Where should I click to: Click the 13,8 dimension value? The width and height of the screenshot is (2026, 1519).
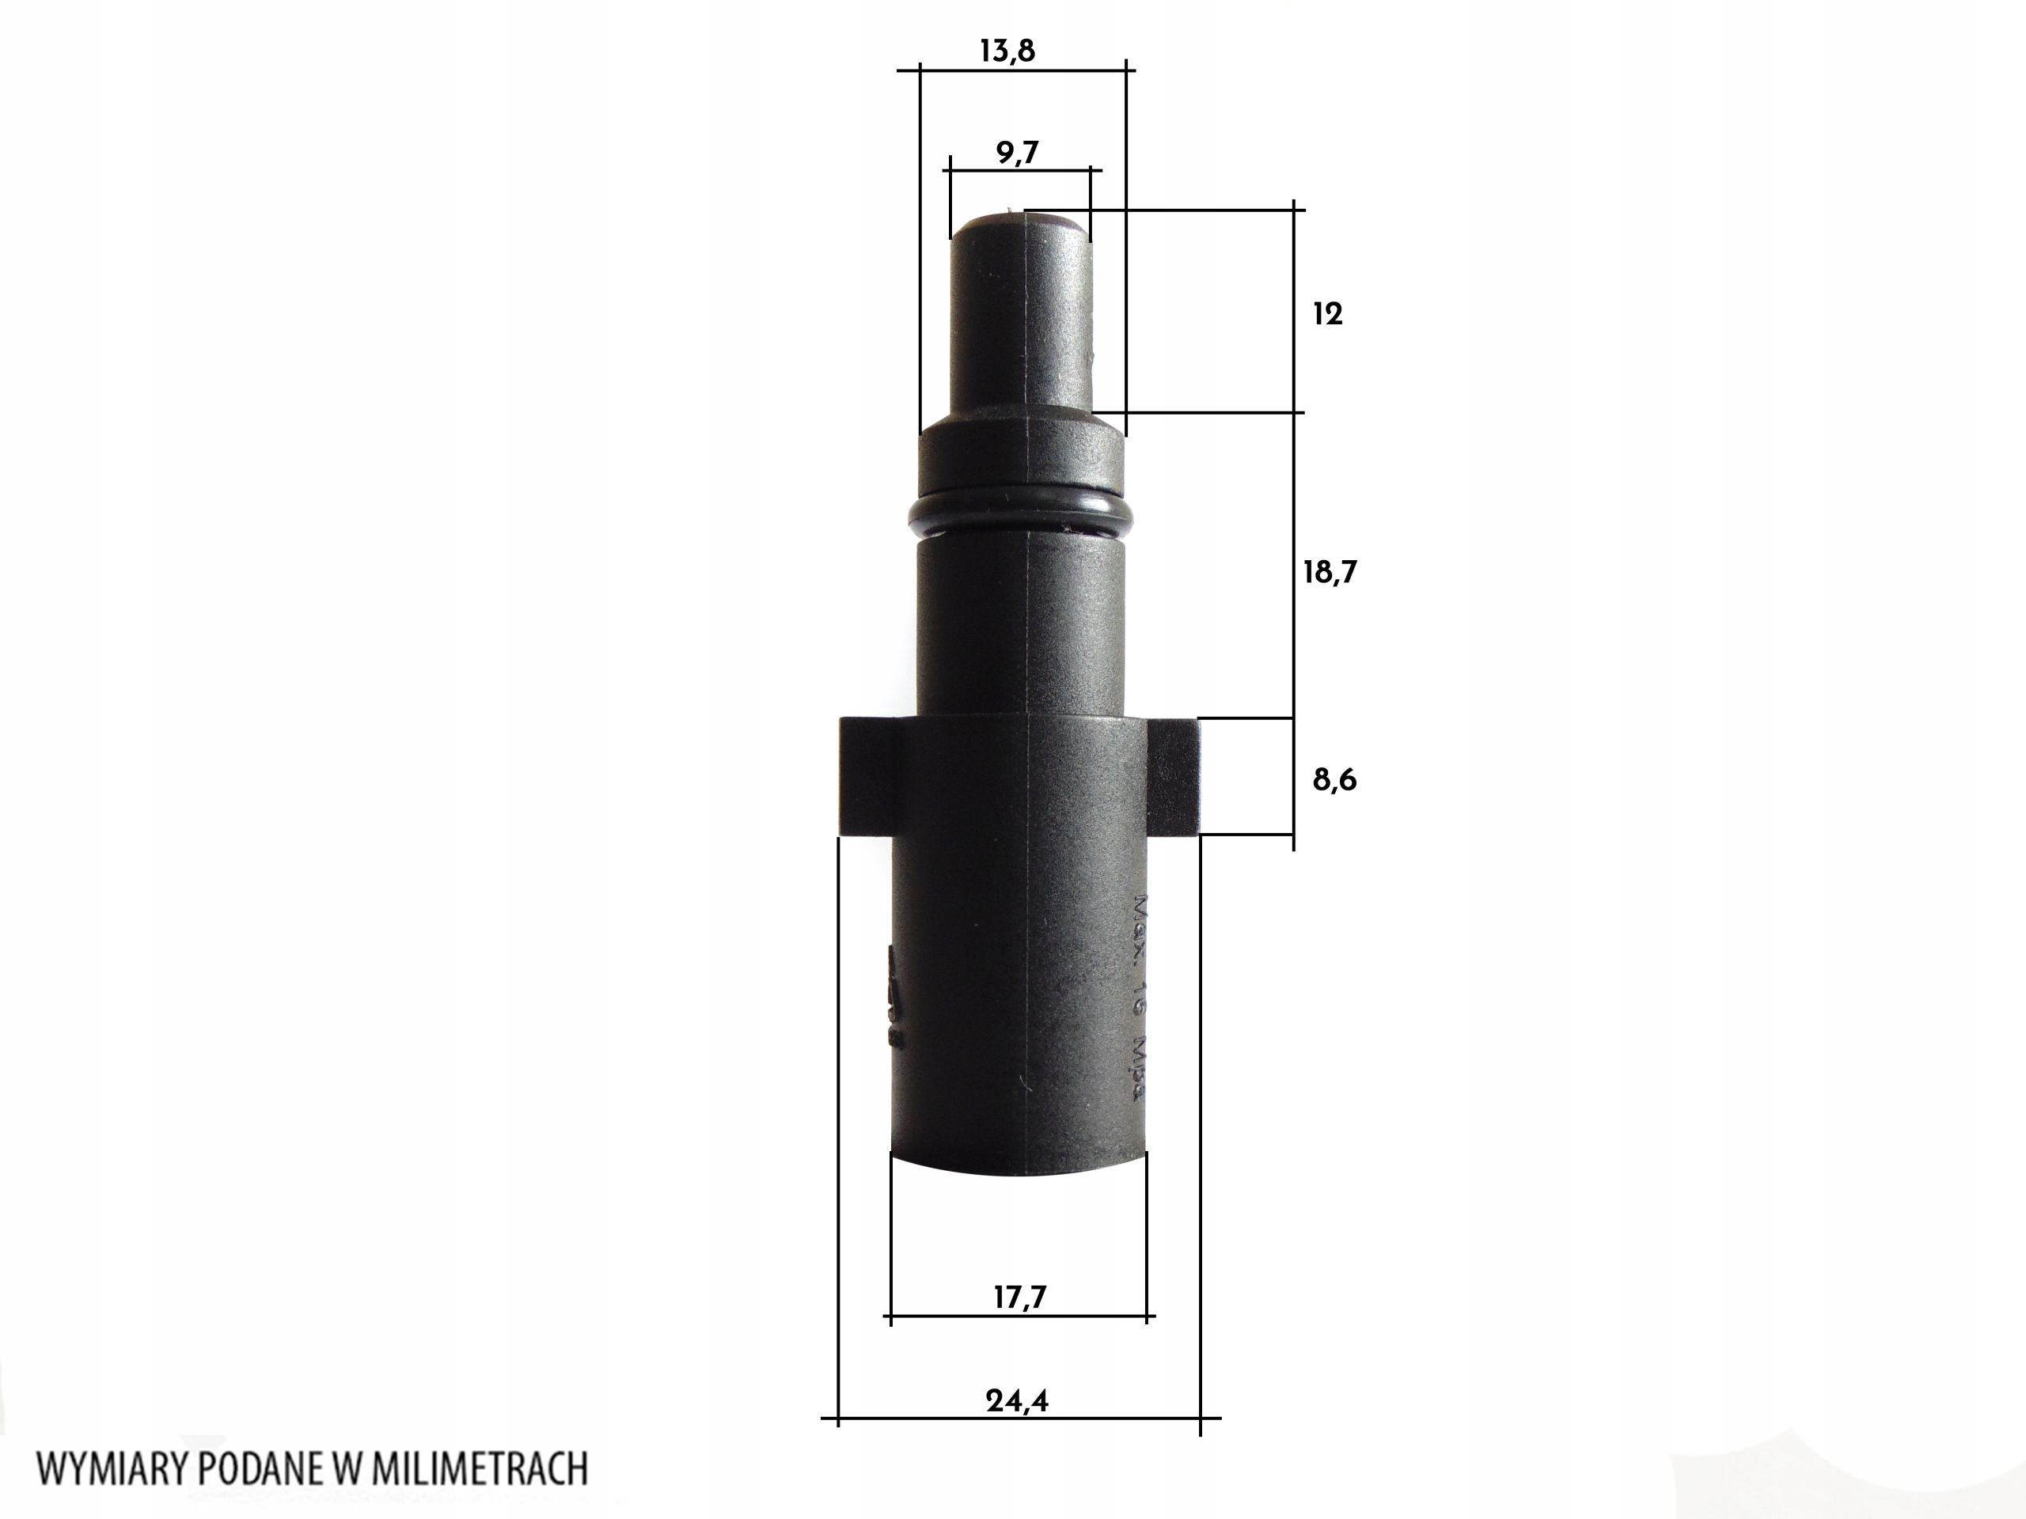click(1007, 51)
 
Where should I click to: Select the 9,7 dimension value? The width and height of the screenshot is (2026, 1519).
click(1018, 153)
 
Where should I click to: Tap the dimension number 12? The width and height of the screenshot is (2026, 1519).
click(1327, 315)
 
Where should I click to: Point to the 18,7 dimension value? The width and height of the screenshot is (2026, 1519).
click(1330, 573)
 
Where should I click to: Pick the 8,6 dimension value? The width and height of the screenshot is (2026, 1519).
click(1334, 780)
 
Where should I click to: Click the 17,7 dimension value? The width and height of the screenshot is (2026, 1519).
click(1019, 1297)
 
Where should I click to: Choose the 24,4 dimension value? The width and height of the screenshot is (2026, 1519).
click(1018, 1401)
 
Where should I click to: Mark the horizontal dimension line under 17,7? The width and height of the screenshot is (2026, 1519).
click(1019, 1317)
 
